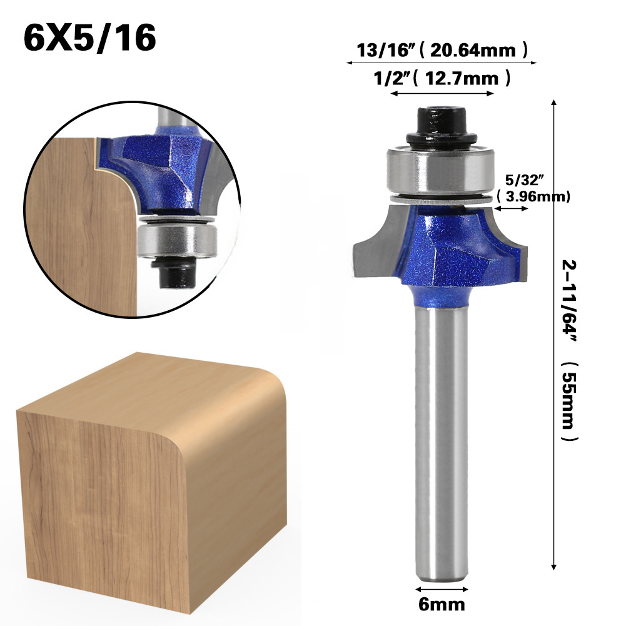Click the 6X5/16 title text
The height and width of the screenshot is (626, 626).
90,38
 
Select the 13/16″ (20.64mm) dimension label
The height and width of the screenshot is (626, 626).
442,50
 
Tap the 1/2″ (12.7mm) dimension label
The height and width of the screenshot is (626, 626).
442,78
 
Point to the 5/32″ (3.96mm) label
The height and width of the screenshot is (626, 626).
533,188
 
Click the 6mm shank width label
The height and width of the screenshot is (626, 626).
442,604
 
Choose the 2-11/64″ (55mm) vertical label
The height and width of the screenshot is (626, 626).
570,350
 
